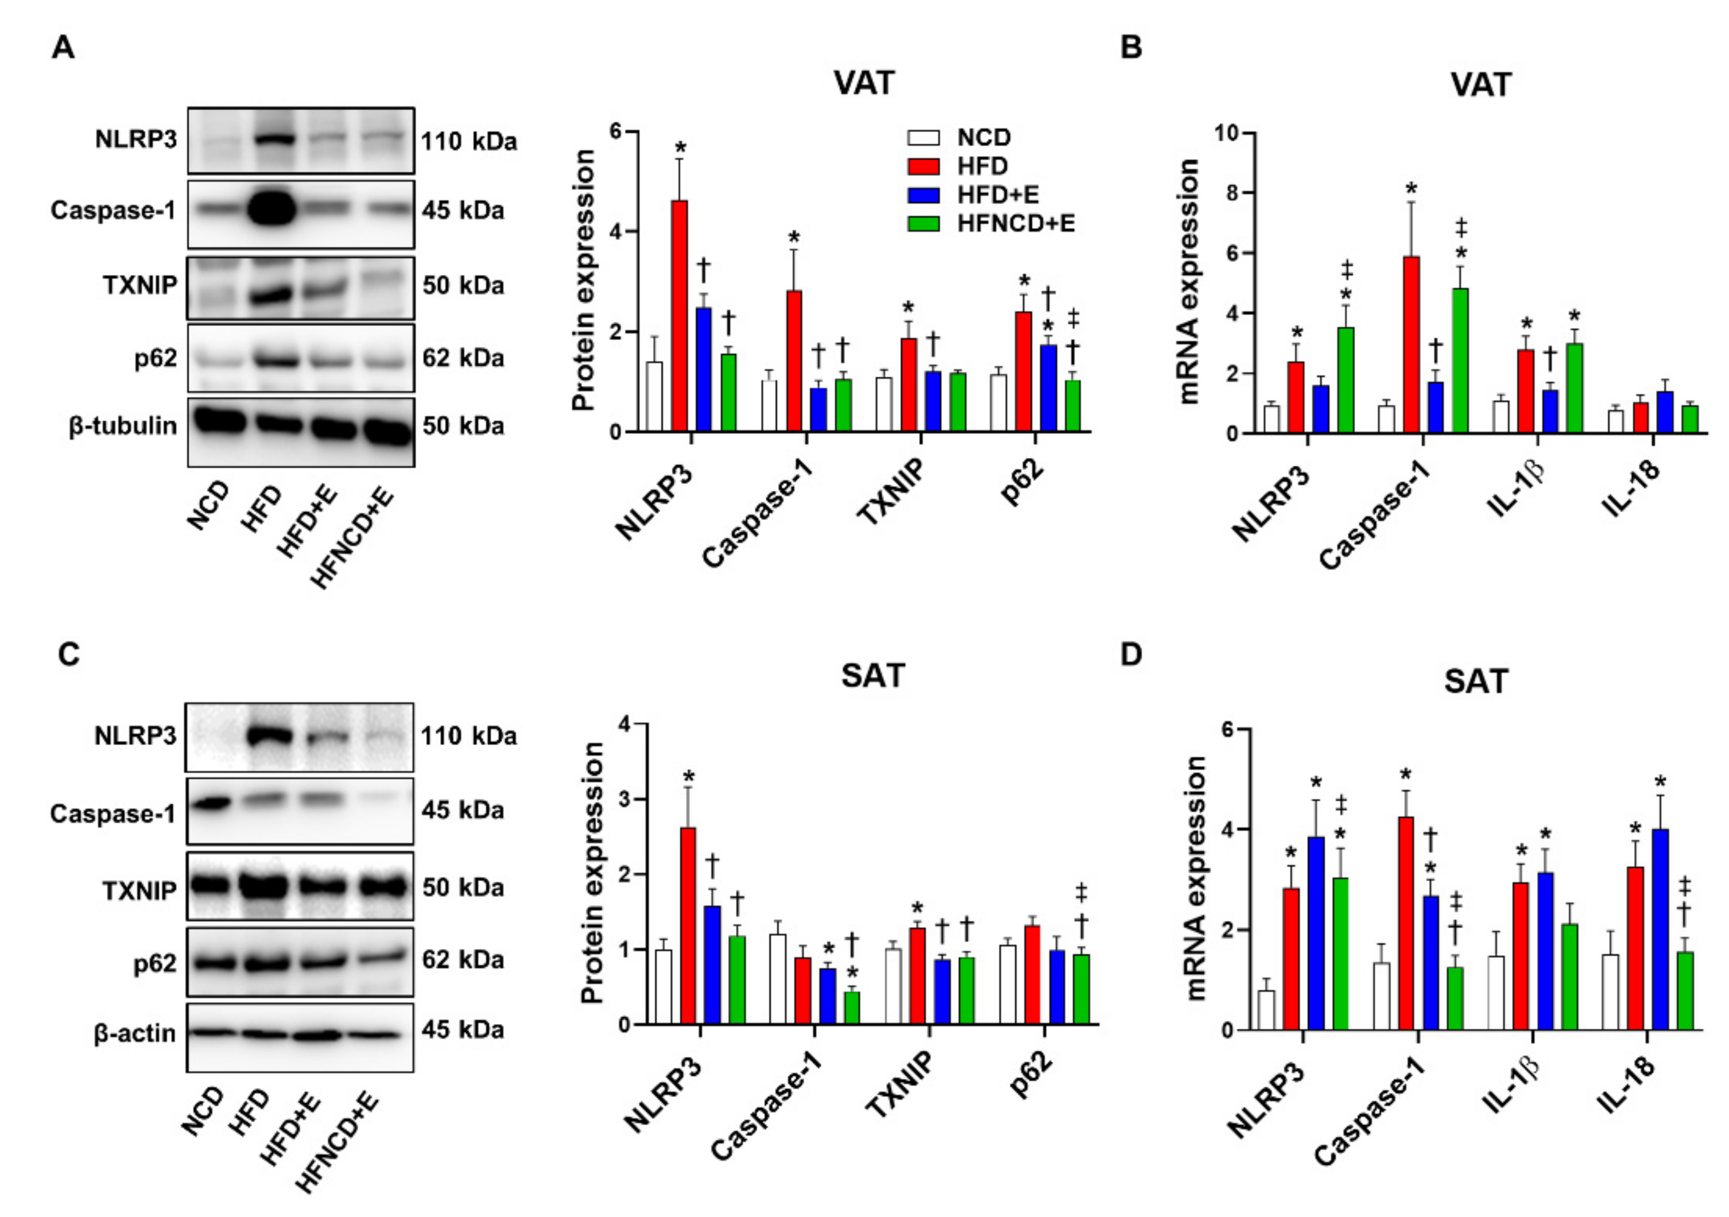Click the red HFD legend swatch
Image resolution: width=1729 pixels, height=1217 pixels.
point(922,166)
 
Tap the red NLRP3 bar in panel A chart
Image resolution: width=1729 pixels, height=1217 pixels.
point(679,316)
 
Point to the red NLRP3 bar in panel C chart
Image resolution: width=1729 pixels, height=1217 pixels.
point(688,927)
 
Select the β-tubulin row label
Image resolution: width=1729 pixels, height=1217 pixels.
point(123,427)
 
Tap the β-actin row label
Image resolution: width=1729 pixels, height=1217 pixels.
point(135,1033)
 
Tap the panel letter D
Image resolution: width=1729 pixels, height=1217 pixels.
point(1131,654)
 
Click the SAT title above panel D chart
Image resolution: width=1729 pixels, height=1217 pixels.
point(1475,681)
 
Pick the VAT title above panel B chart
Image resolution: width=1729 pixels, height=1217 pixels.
point(1480,84)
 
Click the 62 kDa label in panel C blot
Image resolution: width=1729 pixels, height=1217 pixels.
point(462,959)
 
